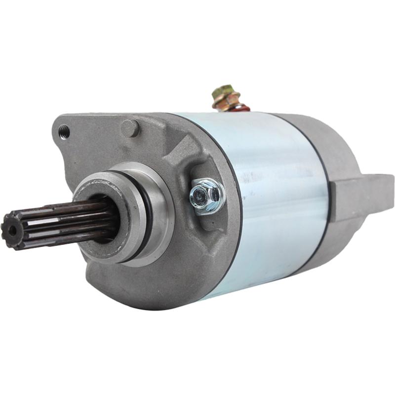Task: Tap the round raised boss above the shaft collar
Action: (x=131, y=128)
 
